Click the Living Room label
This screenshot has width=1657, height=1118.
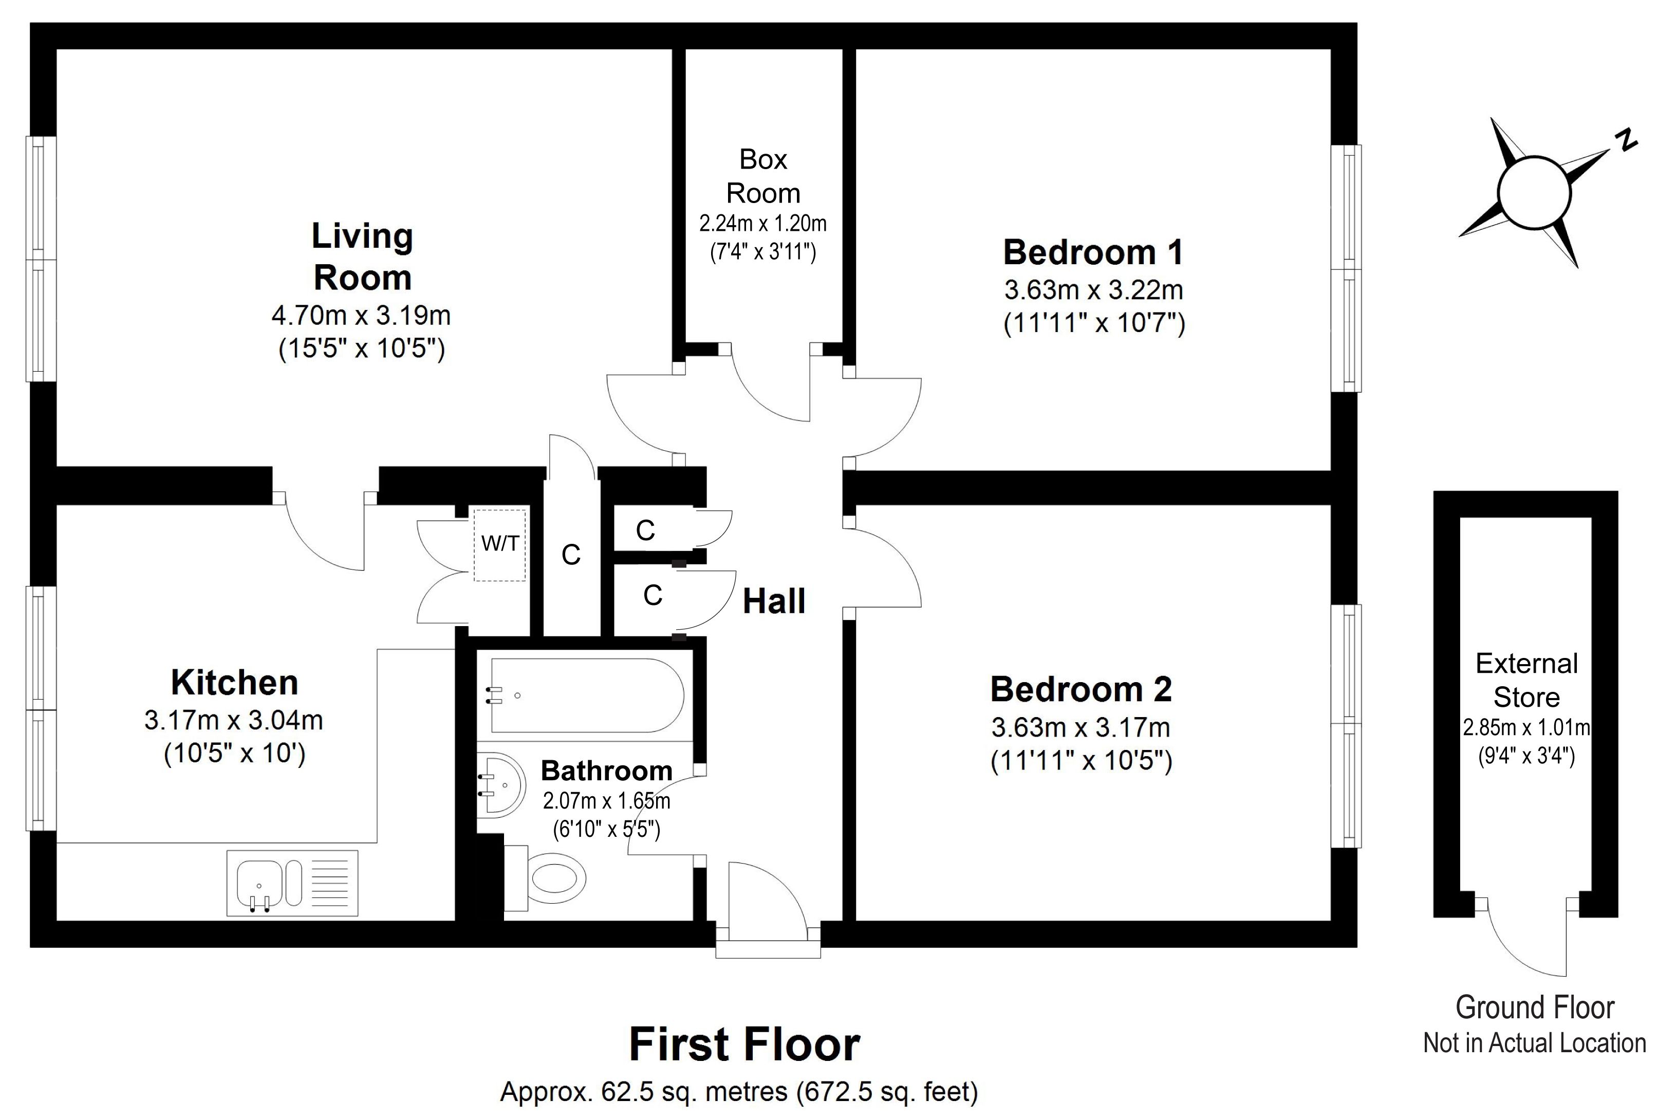pos(362,256)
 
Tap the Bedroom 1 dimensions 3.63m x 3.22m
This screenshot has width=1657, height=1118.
pos(1093,290)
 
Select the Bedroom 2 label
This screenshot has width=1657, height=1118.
pos(1081,689)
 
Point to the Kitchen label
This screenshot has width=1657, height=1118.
pos(234,682)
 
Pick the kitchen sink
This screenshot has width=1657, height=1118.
pos(292,883)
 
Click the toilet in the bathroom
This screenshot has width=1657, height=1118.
pos(545,878)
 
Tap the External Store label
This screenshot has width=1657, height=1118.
pos(1526,680)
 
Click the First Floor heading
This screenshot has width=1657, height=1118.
pos(745,1044)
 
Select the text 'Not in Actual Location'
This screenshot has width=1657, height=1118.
pos(1534,1043)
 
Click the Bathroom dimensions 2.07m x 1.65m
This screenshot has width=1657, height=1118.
pos(606,801)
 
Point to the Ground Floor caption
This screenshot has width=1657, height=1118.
pos(1534,1008)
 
